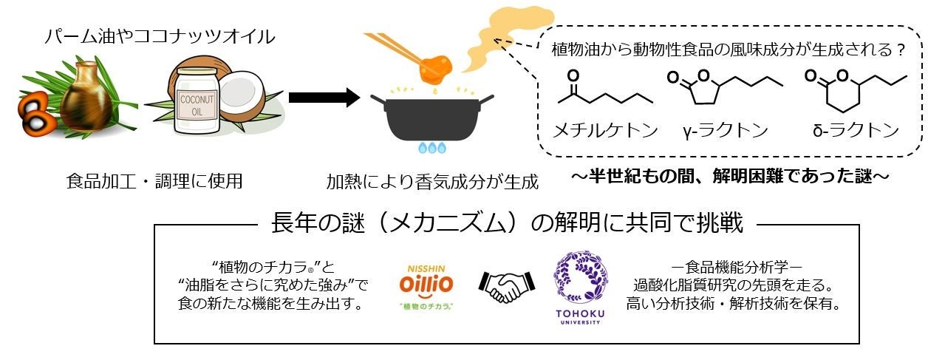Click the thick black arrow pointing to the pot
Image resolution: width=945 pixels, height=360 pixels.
[x=323, y=98]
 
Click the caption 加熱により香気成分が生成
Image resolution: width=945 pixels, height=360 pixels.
[x=433, y=180]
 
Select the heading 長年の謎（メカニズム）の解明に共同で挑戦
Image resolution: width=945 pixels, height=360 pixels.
[x=507, y=223]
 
